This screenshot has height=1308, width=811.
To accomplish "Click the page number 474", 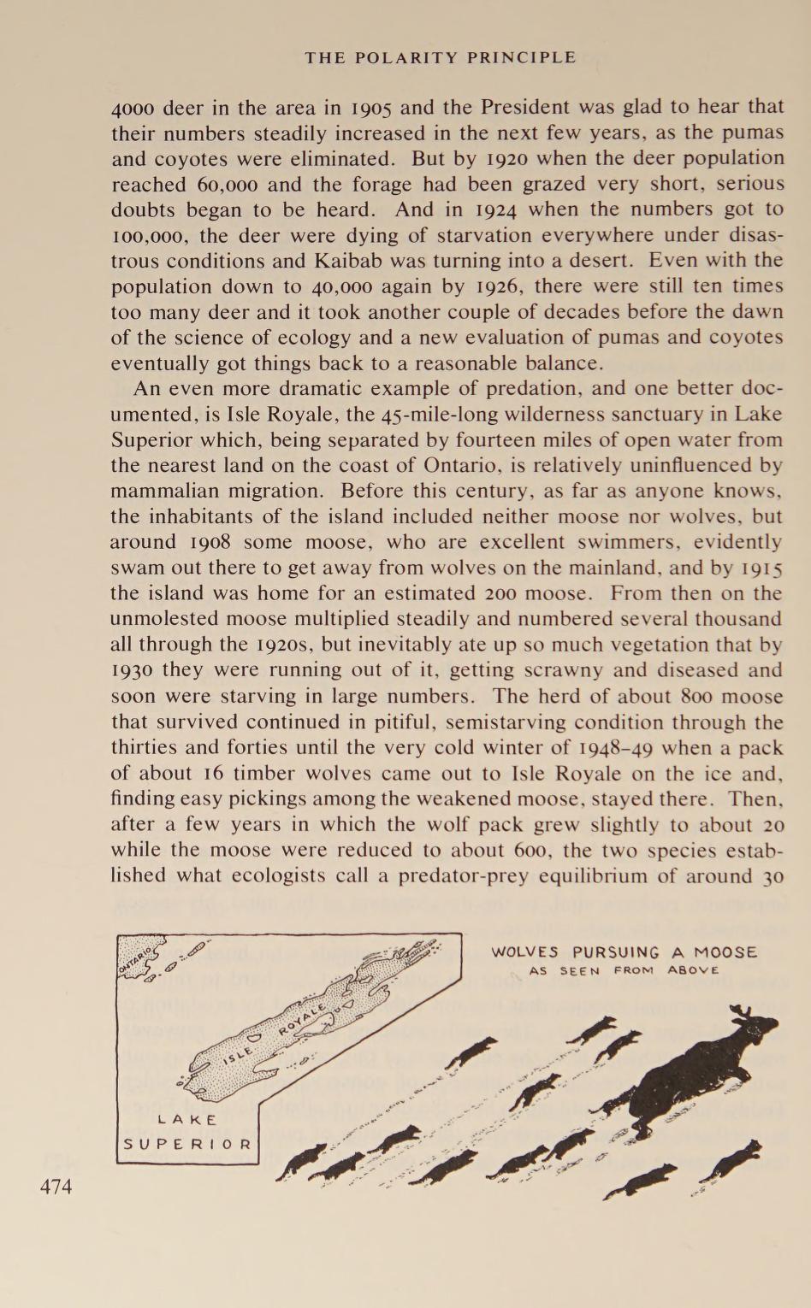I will (x=56, y=1187).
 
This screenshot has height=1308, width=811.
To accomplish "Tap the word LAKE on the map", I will (x=188, y=1119).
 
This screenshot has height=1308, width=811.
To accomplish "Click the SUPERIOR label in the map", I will (x=188, y=1144).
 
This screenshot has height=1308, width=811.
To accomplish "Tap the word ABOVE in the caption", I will (x=693, y=970).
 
